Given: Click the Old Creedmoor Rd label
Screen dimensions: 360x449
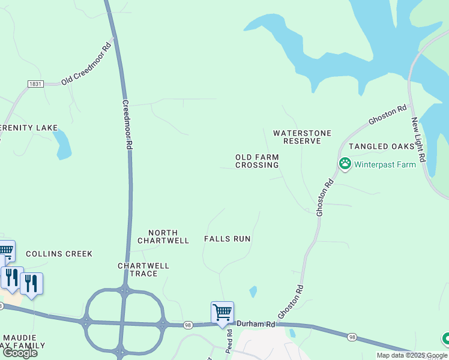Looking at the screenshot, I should tap(86, 62).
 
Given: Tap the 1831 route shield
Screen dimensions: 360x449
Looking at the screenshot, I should tap(35, 85).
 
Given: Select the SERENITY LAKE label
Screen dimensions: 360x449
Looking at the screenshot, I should tap(28, 128).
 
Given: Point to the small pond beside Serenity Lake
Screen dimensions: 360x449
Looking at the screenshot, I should tap(62, 145).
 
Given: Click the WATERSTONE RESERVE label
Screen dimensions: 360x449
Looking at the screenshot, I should tap(303, 137).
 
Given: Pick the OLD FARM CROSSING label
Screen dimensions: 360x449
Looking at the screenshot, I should tap(257, 161).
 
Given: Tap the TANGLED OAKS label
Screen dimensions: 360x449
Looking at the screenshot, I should tap(381, 146).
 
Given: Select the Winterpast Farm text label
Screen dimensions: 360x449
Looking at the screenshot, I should tap(385, 164).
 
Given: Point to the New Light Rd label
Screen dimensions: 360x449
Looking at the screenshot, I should tap(418, 139).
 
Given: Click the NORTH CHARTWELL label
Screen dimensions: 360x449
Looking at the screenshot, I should tap(163, 236).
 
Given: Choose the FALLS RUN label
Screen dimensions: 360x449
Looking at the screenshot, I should tap(227, 239).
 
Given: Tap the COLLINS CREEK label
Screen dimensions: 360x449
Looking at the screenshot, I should tap(59, 254).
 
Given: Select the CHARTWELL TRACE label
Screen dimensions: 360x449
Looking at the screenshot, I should tap(143, 269).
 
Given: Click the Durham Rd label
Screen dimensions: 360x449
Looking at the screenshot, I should tap(255, 324).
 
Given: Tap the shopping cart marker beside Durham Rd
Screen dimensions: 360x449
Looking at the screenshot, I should tap(222, 312).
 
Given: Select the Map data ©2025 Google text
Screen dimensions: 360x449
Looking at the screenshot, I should tap(411, 355).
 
